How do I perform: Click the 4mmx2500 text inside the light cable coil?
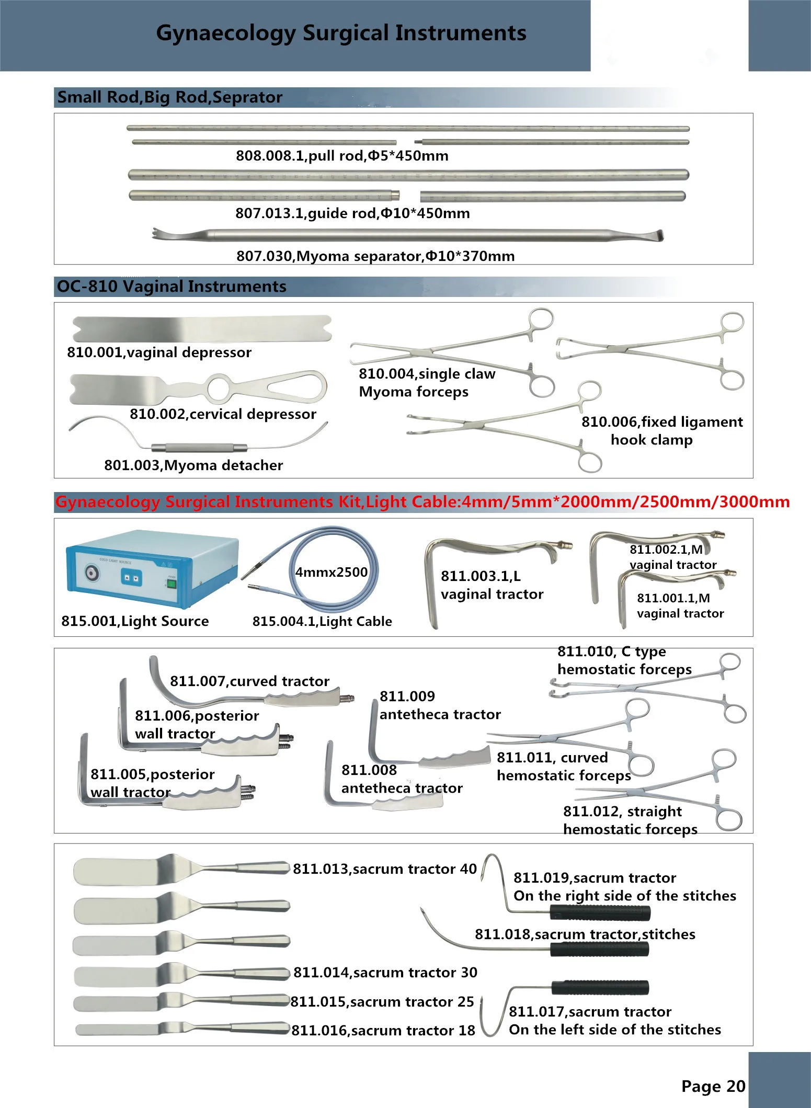[x=331, y=572]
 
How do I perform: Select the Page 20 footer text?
[x=713, y=1086]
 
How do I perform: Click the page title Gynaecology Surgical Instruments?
[x=341, y=33]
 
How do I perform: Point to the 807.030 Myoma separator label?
[x=375, y=256]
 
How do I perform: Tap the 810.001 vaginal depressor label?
[x=159, y=352]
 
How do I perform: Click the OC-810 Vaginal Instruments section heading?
[x=172, y=287]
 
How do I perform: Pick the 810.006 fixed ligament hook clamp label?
[x=661, y=430]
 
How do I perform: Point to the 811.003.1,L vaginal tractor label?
[x=492, y=585]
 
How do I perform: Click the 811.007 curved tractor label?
[x=249, y=681]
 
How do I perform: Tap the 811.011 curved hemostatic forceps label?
[x=564, y=767]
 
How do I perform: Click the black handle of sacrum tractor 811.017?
[x=600, y=987]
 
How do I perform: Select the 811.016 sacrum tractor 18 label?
[x=383, y=1031]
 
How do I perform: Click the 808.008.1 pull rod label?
[x=342, y=156]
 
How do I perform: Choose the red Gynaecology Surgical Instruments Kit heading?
[x=422, y=502]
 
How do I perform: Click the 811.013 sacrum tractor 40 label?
[x=384, y=869]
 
